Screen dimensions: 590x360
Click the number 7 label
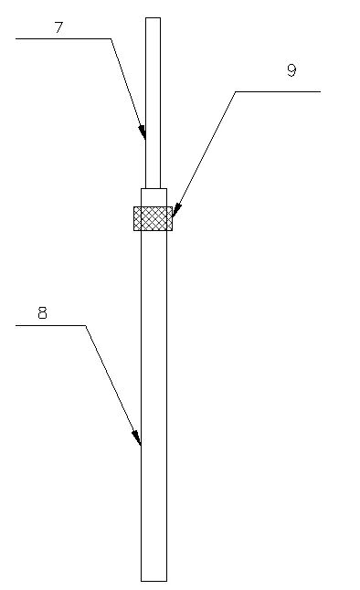(58, 27)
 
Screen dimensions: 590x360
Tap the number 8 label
(42, 313)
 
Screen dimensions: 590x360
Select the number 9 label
(291, 70)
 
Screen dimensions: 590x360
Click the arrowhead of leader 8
(140, 444)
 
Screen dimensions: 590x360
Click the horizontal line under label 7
(63, 39)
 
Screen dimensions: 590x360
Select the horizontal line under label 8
(51, 325)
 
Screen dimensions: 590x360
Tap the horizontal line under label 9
(278, 91)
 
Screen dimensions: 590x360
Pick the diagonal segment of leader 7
(127, 87)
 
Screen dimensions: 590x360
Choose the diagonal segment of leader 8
(112, 384)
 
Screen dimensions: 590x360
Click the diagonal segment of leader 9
(205, 153)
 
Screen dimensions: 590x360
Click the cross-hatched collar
(153, 218)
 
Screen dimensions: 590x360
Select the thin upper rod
(153, 100)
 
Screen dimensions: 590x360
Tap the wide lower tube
(154, 402)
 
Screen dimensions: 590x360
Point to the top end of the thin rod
(153, 18)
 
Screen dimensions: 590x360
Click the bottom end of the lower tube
(154, 579)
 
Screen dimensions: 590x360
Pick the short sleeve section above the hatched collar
(154, 197)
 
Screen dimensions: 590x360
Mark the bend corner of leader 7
(111, 39)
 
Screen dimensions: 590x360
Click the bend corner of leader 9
(236, 91)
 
